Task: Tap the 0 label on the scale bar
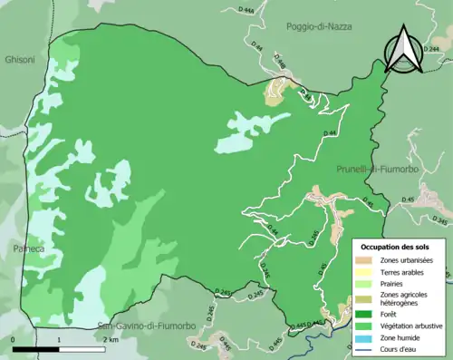tap(14, 340)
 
